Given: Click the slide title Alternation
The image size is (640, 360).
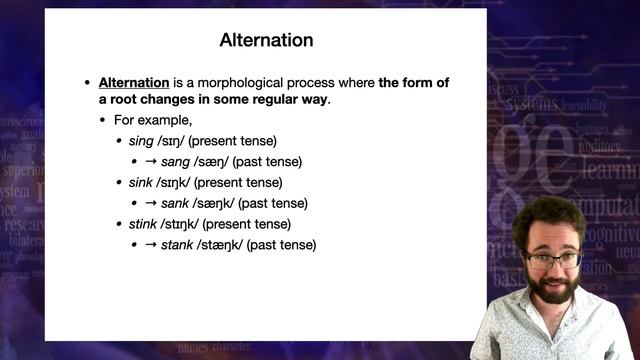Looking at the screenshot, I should click(x=266, y=41).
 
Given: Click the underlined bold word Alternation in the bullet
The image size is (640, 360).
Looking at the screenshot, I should click(x=133, y=82).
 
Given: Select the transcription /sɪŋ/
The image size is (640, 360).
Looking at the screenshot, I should click(x=176, y=141).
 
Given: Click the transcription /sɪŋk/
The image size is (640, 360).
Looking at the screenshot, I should click(x=181, y=182).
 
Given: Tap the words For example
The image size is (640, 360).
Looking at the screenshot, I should click(x=146, y=120).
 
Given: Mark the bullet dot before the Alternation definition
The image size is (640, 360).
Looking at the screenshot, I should click(x=88, y=82).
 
